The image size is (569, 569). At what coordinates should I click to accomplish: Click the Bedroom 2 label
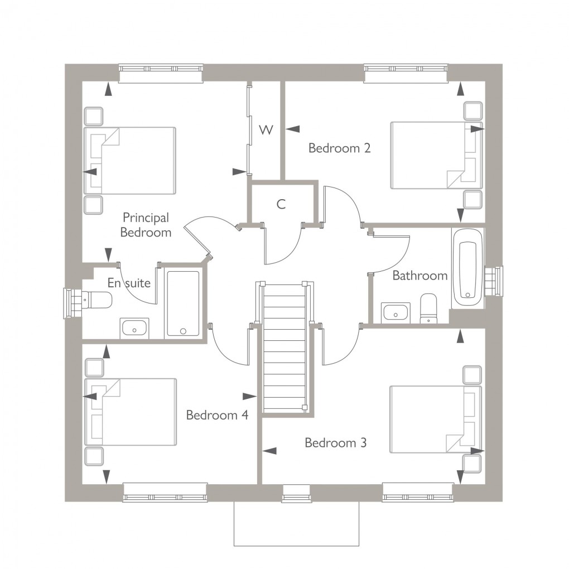pyautogui.click(x=339, y=148)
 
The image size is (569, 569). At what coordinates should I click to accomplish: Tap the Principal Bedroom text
pyautogui.click(x=146, y=225)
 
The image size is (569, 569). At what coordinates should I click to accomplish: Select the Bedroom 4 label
pyautogui.click(x=217, y=415)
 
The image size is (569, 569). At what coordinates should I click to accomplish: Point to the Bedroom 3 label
pyautogui.click(x=335, y=443)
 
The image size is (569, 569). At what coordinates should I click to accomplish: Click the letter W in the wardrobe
pyautogui.click(x=266, y=130)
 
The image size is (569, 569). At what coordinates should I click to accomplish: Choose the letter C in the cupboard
pyautogui.click(x=281, y=204)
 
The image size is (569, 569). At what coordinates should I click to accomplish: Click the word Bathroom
pyautogui.click(x=419, y=276)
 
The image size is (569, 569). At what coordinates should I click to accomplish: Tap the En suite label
pyautogui.click(x=129, y=283)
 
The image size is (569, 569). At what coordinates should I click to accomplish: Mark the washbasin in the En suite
pyautogui.click(x=134, y=328)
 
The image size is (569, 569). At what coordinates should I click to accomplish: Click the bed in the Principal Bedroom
pyautogui.click(x=131, y=161)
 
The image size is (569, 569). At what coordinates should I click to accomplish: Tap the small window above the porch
pyautogui.click(x=296, y=493)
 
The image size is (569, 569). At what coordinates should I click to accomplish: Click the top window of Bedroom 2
pyautogui.click(x=406, y=73)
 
